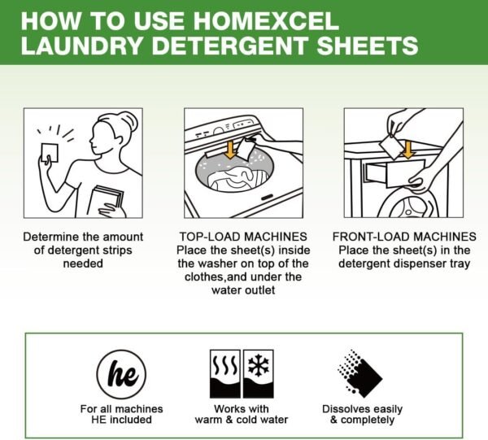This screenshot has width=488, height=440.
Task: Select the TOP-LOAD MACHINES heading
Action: (243, 237)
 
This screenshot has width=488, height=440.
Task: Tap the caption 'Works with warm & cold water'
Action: (243, 414)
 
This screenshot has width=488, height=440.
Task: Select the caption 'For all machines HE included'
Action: (121, 414)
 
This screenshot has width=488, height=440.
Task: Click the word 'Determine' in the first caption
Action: (50, 237)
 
